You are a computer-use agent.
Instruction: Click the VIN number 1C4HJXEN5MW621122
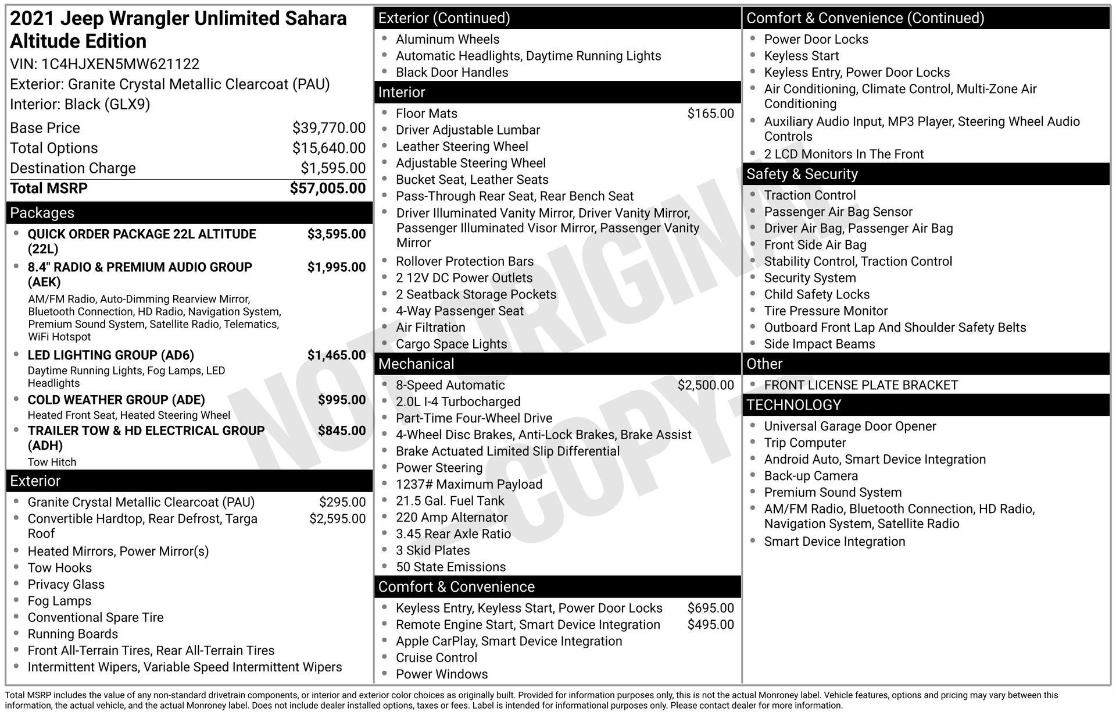[x=120, y=64]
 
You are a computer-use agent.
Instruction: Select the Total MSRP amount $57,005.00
[x=328, y=188]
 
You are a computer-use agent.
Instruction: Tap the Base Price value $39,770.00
[x=329, y=128]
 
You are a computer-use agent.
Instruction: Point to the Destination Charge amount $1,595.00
[x=333, y=168]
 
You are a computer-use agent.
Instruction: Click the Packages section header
[x=42, y=213]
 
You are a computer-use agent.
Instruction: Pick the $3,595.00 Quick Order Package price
[x=337, y=234]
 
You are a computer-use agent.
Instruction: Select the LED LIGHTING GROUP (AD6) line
[x=111, y=355]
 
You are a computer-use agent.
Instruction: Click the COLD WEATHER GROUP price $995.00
[x=342, y=400]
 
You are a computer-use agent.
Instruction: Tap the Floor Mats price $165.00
[x=710, y=113]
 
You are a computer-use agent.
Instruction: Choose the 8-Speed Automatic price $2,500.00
[x=706, y=385]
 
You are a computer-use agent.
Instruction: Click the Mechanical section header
[x=416, y=364]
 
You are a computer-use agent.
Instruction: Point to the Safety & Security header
[x=802, y=174]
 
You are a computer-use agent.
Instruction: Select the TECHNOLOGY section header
[x=793, y=405]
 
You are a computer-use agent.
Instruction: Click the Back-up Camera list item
[x=811, y=476]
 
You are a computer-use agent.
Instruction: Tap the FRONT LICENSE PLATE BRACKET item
[x=861, y=385]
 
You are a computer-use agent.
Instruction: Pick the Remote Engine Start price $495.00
[x=710, y=625]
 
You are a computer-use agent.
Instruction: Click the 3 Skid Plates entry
[x=432, y=550]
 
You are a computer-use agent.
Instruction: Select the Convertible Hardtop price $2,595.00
[x=337, y=519]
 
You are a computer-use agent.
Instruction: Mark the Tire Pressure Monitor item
[x=825, y=311]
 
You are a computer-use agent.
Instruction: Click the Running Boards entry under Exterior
[x=73, y=634]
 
